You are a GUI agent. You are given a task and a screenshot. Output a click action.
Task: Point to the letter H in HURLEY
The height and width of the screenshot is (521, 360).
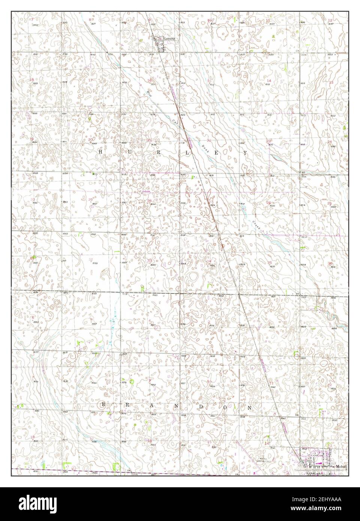pos(100,152)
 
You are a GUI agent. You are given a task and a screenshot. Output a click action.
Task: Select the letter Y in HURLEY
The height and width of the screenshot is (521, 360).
pos(245,153)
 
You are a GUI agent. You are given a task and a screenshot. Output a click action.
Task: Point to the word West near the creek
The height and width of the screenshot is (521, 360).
pos(145,90)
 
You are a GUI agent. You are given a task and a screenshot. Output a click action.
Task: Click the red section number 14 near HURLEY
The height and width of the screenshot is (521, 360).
pos(268,81)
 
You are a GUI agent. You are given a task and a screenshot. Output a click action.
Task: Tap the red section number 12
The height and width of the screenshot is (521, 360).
pos(330,20)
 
